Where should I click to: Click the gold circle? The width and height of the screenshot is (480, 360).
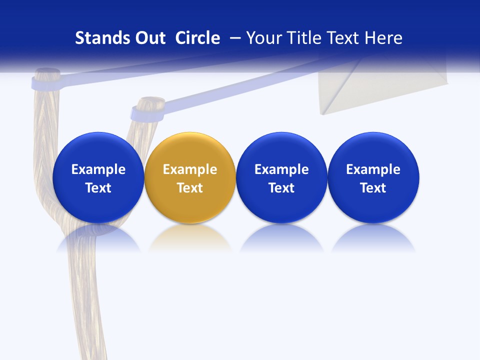coord(190,177)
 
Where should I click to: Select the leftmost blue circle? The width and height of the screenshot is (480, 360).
coord(98,177)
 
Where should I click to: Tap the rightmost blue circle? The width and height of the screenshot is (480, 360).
coord(373,177)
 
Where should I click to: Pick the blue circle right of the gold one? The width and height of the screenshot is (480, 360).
coord(281,177)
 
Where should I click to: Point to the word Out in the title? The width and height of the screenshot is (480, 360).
coord(149,38)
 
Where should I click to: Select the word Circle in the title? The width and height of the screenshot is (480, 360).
coord(197,38)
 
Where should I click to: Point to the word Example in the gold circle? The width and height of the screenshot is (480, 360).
coord(190,169)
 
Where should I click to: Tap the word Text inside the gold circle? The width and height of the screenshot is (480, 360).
coord(190,188)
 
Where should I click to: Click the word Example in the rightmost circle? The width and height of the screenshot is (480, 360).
coord(373,169)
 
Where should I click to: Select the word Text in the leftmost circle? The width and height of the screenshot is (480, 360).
coord(98,188)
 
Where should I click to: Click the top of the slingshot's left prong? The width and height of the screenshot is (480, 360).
coord(46,77)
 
